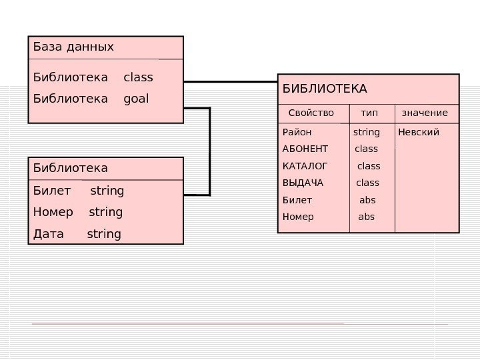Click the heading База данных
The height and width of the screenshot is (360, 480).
pyautogui.click(x=73, y=47)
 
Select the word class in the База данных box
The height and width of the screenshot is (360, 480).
pyautogui.click(x=138, y=77)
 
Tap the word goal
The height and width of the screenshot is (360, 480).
pyautogui.click(x=137, y=99)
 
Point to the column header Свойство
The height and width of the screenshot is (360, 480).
pyautogui.click(x=311, y=113)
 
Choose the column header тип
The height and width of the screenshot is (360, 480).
pyautogui.click(x=369, y=113)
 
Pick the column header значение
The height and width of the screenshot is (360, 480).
pyautogui.click(x=425, y=113)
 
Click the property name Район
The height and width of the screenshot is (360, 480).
pyautogui.click(x=297, y=132)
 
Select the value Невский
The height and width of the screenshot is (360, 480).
pyautogui.click(x=419, y=132)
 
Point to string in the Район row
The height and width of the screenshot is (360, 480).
pyautogui.click(x=366, y=132)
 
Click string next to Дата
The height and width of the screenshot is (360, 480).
pyautogui.click(x=104, y=234)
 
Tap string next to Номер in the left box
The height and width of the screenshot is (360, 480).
pyautogui.click(x=105, y=212)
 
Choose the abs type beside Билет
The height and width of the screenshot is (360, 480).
pyautogui.click(x=367, y=200)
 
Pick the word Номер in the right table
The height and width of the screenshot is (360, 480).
pyautogui.click(x=298, y=217)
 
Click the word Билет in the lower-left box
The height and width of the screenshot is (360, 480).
pyautogui.click(x=51, y=191)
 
